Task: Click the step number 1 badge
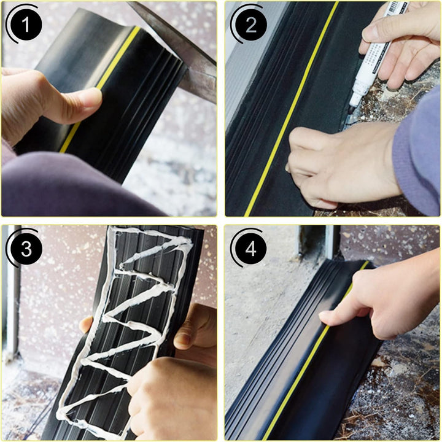pos(25,25)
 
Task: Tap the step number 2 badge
pos(250,25)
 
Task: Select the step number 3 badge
pos(25,249)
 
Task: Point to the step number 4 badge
pos(250,249)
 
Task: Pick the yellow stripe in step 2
pos(290,110)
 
